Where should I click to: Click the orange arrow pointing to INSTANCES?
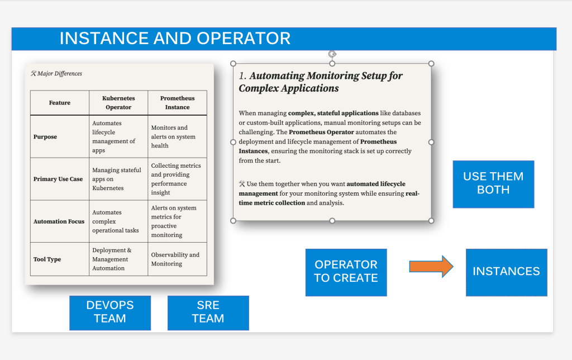click(431, 267)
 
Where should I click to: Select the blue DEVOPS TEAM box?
click(110, 313)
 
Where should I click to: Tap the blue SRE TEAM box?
click(208, 313)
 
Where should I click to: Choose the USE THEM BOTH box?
click(494, 184)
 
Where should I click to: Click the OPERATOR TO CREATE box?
click(346, 272)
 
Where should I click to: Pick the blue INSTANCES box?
click(506, 272)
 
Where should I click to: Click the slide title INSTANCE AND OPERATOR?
click(175, 39)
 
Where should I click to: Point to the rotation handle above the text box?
click(332, 54)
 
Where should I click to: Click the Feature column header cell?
click(60, 103)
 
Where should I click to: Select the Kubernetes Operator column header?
click(118, 103)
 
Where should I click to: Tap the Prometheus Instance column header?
click(177, 103)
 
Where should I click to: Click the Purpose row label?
click(45, 137)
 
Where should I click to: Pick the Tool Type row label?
click(47, 259)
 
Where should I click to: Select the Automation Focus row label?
click(59, 221)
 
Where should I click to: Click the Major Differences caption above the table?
click(56, 73)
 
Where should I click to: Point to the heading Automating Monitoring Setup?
click(321, 82)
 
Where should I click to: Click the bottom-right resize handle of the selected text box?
click(431, 220)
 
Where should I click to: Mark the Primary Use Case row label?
click(58, 179)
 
